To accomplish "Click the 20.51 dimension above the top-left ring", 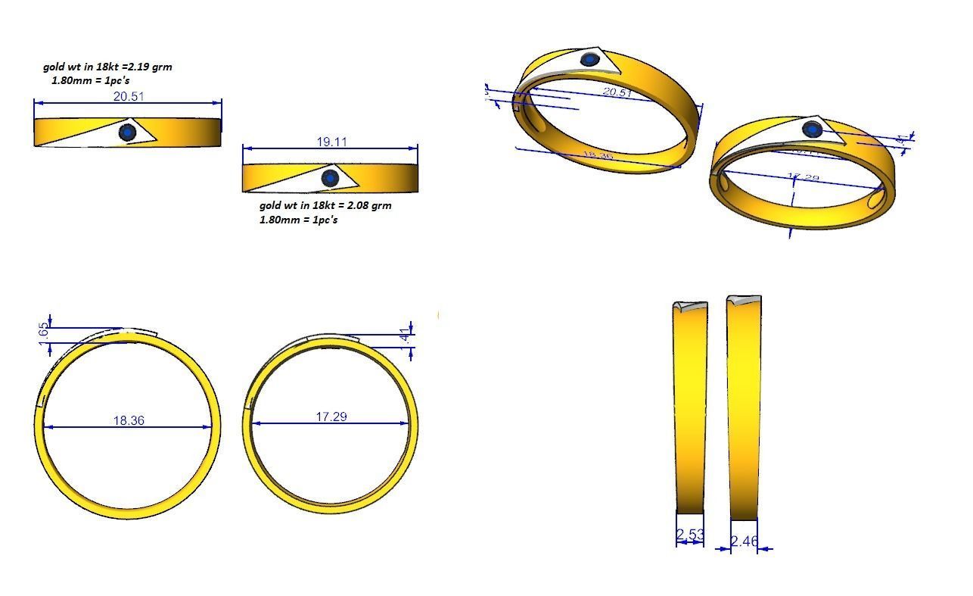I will tap(128, 96).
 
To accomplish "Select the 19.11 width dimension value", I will tap(331, 142).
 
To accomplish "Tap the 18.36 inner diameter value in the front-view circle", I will tap(128, 420).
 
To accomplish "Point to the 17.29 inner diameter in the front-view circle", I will tap(331, 417).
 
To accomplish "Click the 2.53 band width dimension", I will tap(689, 535).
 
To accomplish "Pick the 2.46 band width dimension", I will tap(745, 541).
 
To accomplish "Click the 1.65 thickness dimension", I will tap(43, 332).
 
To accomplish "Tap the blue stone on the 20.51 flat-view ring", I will tap(127, 133).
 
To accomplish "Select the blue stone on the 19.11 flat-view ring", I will tap(330, 178).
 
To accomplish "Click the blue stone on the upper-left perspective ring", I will tap(589, 60).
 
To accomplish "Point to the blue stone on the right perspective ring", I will tap(812, 129).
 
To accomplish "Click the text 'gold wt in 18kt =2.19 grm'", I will tap(107, 67).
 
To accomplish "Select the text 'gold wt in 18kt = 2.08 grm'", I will tap(325, 205).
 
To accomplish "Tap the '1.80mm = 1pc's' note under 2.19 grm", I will tap(85, 80).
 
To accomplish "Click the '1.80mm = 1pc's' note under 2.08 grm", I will tap(298, 220).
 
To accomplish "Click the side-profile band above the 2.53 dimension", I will tap(689, 409).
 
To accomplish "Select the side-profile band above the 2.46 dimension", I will tap(744, 409).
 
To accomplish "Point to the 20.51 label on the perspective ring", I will tap(617, 92).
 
